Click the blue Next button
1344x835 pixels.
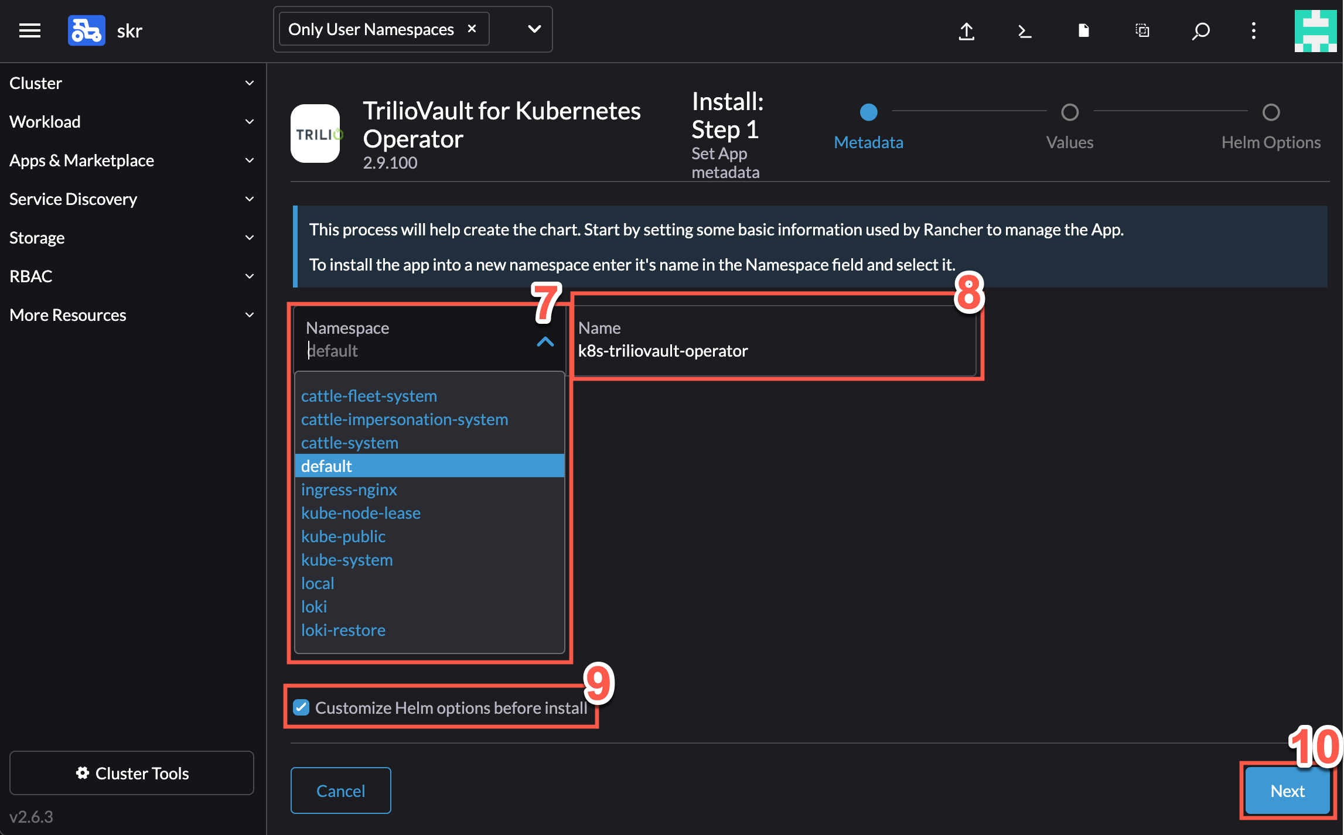(x=1287, y=790)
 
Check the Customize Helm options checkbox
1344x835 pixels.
(x=301, y=707)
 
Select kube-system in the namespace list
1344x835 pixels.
(x=347, y=560)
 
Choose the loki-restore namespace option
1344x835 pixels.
(x=343, y=630)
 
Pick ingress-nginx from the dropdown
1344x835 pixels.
(x=349, y=490)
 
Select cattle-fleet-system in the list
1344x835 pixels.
(x=369, y=396)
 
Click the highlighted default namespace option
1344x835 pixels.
(x=429, y=466)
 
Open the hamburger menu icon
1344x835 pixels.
(x=30, y=30)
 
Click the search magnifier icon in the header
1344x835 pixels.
(x=1200, y=30)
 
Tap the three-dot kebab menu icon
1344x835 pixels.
(x=1254, y=30)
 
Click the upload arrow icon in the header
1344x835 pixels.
(x=967, y=30)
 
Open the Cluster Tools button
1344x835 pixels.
(x=132, y=773)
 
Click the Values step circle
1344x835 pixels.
(x=1070, y=112)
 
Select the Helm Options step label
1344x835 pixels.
(x=1271, y=142)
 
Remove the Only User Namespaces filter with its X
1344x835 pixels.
(x=472, y=29)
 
